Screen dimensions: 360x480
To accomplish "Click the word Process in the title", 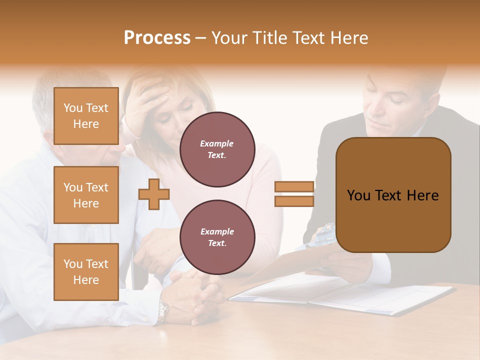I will click(157, 38).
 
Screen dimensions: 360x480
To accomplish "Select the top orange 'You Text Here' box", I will click(86, 116).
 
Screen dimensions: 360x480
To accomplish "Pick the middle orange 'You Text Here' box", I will click(86, 195).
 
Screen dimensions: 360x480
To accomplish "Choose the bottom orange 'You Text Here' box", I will click(86, 272).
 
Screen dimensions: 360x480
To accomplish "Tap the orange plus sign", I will click(154, 194).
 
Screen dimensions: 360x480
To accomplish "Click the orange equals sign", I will click(294, 194).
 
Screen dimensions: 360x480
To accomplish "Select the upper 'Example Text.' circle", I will click(217, 149).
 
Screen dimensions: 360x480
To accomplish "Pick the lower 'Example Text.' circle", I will click(217, 237).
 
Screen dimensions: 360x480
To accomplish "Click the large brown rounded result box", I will click(393, 195).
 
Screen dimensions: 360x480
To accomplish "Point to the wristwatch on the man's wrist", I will click(163, 311).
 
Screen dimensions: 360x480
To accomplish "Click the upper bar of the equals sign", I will click(294, 187).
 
